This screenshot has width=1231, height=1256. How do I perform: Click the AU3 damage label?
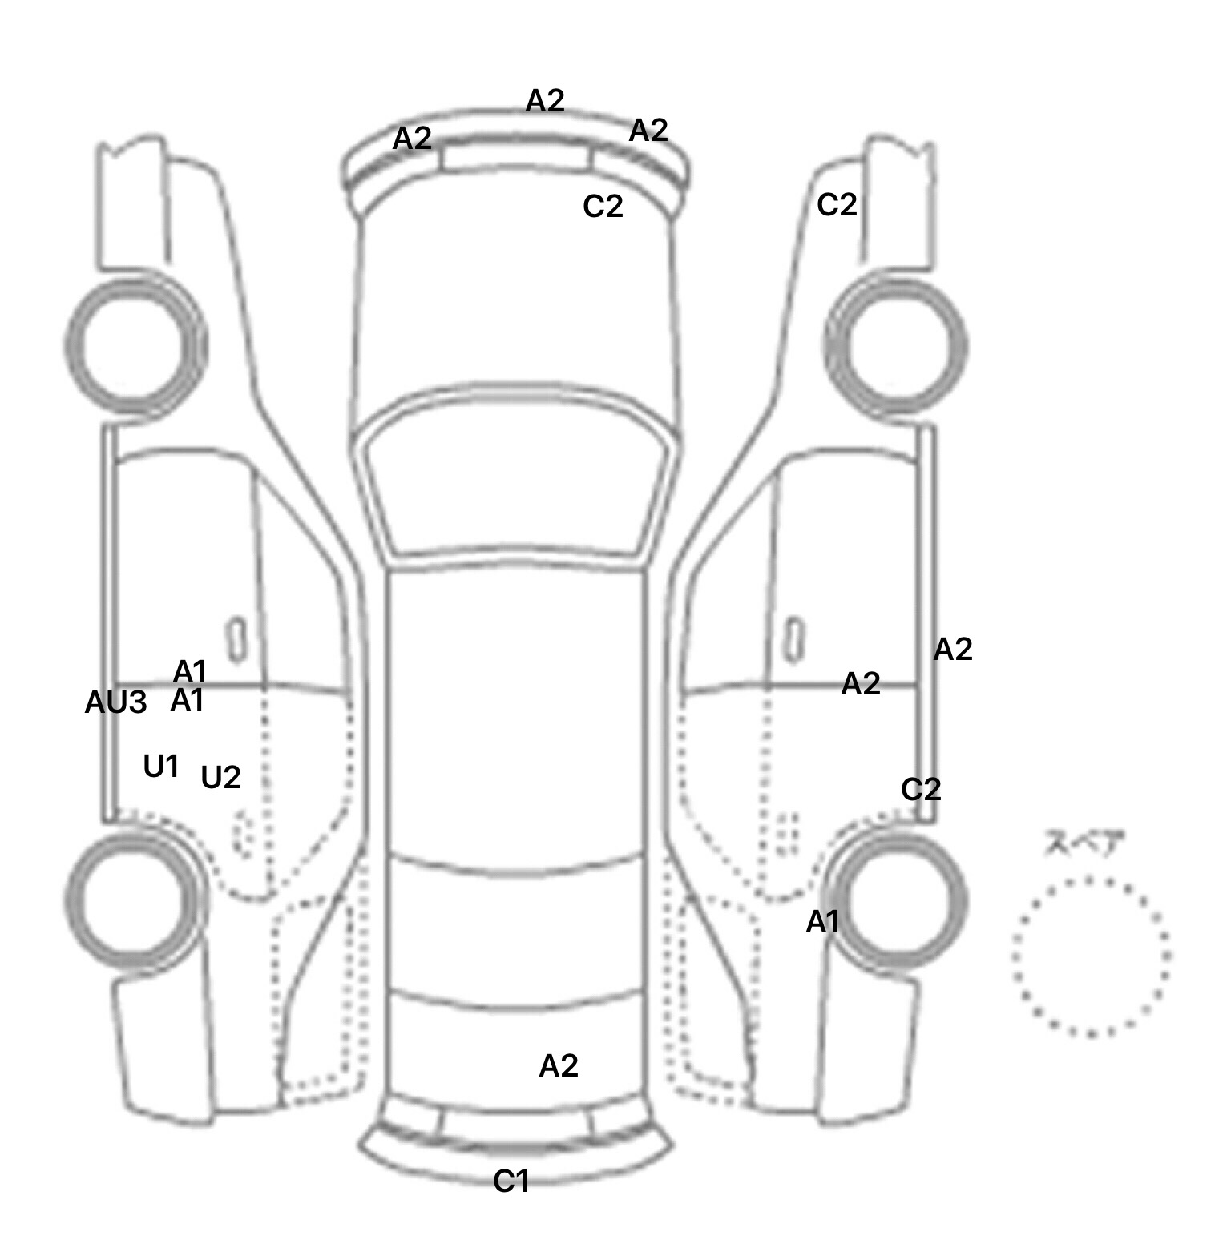pos(116,702)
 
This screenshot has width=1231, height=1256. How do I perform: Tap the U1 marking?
pos(160,767)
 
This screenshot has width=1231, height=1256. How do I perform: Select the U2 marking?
pos(220,777)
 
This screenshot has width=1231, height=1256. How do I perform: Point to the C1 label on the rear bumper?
pos(511,1181)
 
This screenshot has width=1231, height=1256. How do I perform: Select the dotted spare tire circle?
pos(1091,956)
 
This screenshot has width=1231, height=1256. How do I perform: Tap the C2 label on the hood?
pos(603,207)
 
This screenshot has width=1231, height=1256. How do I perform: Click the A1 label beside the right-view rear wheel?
pos(822,922)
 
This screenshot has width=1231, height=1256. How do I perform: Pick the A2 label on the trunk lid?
pos(559,1065)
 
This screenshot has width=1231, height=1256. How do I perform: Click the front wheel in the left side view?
pos(135,345)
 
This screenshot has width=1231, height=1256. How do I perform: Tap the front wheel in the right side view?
pos(896,347)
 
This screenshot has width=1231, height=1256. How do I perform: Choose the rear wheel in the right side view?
pos(898,900)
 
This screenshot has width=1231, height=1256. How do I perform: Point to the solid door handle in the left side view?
pos(236,640)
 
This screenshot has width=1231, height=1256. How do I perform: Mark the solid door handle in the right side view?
pos(794,640)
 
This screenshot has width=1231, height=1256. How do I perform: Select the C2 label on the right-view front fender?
pos(837,205)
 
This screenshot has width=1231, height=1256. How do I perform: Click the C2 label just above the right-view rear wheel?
pos(921,789)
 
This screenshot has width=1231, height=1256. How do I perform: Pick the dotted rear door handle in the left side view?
pos(241,833)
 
